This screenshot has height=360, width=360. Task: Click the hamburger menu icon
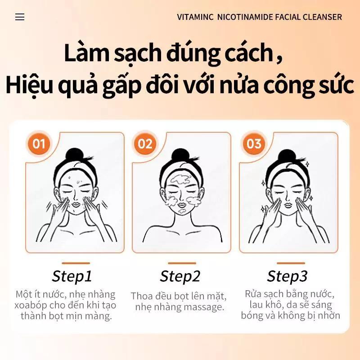20,17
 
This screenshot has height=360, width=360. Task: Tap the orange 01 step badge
39,144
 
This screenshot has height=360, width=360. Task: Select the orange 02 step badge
145,144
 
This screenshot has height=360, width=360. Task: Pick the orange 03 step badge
254,144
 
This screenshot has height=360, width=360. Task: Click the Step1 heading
72,276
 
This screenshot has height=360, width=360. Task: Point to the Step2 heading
180,276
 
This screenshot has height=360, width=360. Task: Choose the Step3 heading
287,276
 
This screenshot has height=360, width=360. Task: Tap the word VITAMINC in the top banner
195,17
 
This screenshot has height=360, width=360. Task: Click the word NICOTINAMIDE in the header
245,17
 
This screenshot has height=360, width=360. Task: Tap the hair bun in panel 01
74,155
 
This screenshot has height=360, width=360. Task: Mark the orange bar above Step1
76,263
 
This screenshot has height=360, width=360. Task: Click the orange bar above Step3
291,263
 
